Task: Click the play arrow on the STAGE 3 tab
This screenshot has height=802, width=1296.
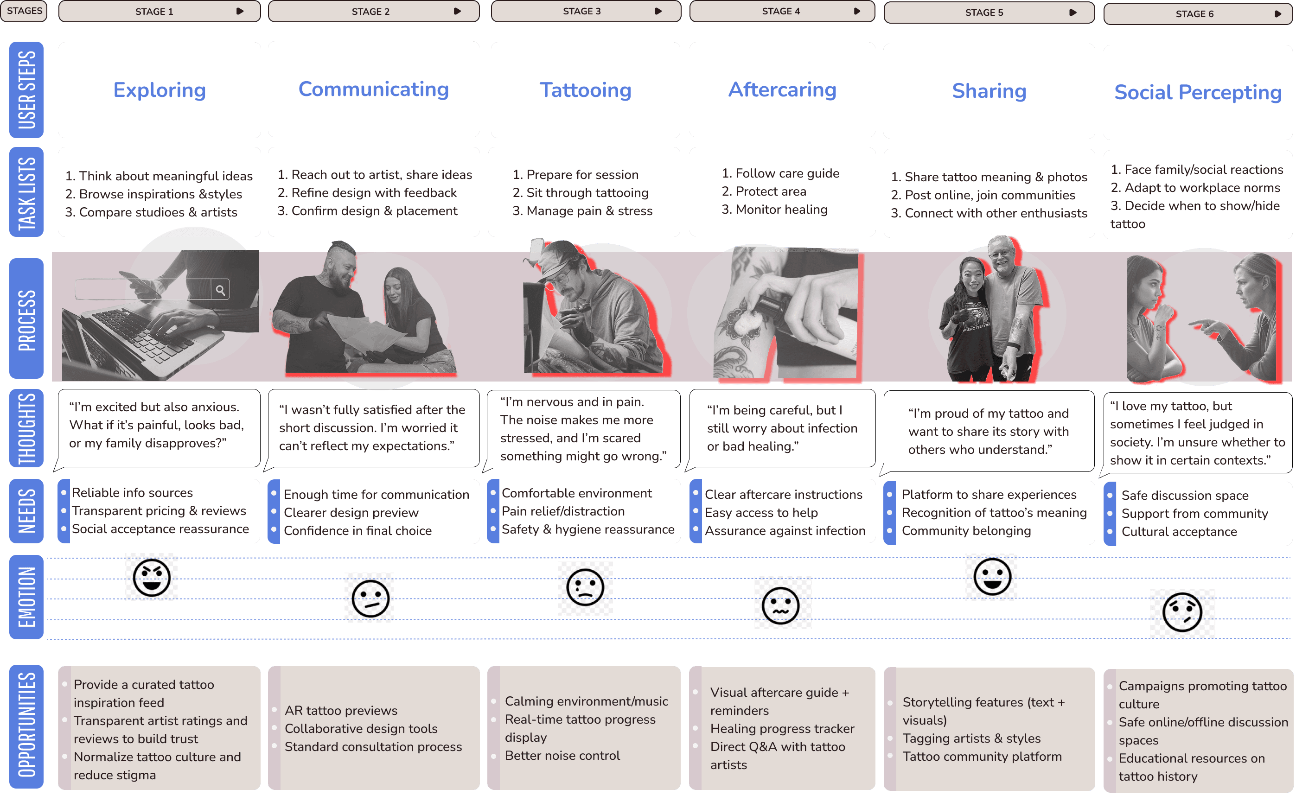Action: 658,11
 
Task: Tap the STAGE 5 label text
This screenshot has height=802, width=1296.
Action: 983,13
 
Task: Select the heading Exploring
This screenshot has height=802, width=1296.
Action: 159,90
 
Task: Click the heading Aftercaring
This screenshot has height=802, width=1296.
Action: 782,89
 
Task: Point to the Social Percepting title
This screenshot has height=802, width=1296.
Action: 1197,92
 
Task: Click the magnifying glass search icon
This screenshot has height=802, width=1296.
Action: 220,290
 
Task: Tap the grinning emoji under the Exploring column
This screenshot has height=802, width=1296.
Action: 152,578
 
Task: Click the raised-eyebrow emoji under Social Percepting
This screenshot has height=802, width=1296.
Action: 1182,613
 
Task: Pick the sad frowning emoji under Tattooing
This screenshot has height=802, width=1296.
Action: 585,588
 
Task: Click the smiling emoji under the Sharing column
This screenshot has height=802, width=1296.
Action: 991,577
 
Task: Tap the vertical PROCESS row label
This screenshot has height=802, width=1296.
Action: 26,319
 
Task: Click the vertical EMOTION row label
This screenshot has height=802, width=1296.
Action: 26,597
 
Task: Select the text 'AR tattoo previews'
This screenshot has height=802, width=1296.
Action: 341,710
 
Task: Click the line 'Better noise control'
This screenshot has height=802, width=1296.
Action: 562,755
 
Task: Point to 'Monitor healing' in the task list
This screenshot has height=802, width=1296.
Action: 781,210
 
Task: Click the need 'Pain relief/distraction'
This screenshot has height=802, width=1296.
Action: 563,511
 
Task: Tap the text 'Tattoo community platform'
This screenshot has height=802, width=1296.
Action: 982,757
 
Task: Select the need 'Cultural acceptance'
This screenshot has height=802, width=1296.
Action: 1179,531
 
